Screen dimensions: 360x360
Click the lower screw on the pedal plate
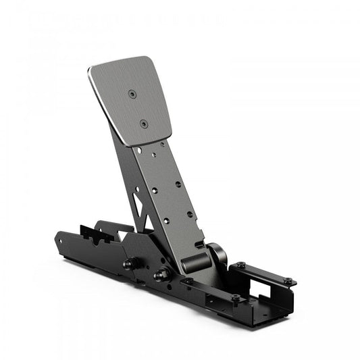click(143, 124)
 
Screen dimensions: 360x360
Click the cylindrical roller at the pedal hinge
click(195, 260)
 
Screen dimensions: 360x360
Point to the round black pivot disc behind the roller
click(218, 255)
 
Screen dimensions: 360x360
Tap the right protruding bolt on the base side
click(160, 275)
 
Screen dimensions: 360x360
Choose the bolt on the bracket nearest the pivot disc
click(240, 265)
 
